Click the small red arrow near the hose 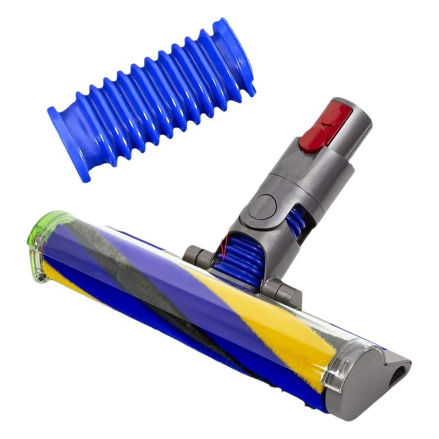(224, 250)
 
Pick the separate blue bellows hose (151, 99)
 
